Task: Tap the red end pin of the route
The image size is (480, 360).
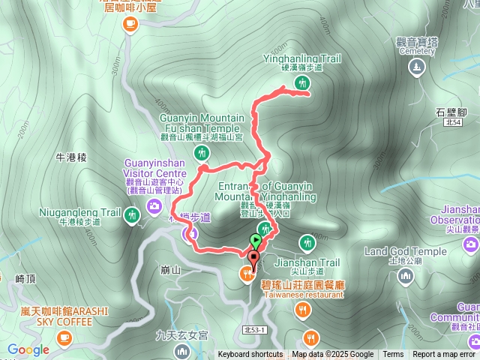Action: (x=253, y=259)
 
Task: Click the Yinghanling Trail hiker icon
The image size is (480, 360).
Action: (x=302, y=83)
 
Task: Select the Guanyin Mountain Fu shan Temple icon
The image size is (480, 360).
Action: (x=201, y=154)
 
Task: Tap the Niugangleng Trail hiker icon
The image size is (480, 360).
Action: (x=132, y=217)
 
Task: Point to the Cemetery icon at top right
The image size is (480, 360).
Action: (x=417, y=67)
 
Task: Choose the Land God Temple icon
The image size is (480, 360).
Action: (x=406, y=276)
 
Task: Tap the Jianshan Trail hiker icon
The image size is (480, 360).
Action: (x=306, y=243)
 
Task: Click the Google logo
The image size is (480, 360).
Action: (x=28, y=349)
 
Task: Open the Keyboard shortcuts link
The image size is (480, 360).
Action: (x=250, y=355)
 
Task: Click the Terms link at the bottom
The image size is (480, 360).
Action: (x=393, y=355)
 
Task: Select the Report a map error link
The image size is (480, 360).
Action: (x=444, y=355)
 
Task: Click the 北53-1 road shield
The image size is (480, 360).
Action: (x=255, y=330)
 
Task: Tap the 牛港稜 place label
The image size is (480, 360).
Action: (x=72, y=157)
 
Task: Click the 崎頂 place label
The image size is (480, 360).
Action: (x=26, y=278)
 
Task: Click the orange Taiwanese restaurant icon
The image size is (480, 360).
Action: (x=246, y=274)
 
